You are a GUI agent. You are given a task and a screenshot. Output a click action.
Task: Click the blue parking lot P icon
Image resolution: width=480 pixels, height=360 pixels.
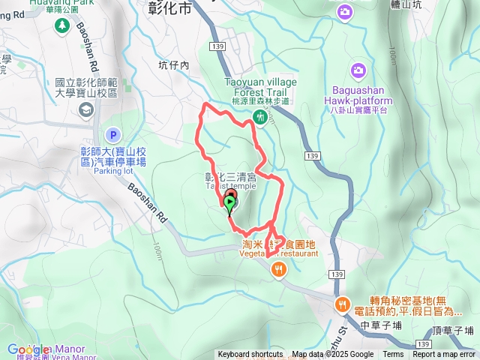[x=113, y=135]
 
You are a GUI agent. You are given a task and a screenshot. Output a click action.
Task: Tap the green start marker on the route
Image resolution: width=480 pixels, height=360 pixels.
[x=229, y=202]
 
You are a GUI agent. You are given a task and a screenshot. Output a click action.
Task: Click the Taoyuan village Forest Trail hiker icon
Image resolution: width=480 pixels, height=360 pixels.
[x=259, y=116]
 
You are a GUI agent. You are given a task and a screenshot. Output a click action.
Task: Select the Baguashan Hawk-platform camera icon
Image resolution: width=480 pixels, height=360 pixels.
[x=359, y=70]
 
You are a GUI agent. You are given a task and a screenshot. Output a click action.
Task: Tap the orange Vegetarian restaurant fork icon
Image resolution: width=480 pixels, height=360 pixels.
[x=279, y=270]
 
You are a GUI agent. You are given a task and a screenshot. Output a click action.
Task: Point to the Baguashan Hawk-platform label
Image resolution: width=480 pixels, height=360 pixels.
[x=358, y=100]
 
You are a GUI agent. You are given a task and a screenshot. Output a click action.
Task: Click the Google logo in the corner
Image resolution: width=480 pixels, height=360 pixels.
[x=28, y=349]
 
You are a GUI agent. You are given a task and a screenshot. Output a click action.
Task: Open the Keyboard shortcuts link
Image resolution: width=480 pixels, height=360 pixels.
[x=250, y=355]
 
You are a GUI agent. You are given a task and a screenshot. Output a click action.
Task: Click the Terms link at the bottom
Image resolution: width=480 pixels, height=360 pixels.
[x=393, y=355]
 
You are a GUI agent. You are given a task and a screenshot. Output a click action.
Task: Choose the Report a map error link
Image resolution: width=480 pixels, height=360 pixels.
[x=443, y=355]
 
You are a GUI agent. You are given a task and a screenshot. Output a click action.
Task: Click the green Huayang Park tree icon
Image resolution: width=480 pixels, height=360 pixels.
[x=61, y=26]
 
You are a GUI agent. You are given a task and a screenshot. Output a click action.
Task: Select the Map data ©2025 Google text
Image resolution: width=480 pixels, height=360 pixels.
[x=332, y=355]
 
